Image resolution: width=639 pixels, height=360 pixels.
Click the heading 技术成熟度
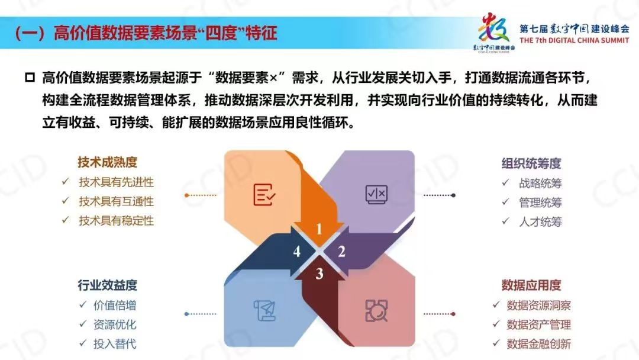click(x=108, y=162)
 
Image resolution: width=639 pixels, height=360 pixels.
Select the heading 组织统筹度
click(x=531, y=163)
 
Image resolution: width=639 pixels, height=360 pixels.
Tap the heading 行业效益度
click(x=108, y=285)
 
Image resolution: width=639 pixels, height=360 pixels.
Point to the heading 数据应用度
click(x=531, y=285)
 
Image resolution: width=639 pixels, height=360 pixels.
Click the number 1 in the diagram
click(x=319, y=229)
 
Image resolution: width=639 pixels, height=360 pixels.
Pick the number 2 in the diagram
click(x=341, y=252)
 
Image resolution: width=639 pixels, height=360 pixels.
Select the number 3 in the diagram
click(x=319, y=274)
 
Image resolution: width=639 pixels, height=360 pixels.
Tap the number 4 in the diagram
click(x=296, y=252)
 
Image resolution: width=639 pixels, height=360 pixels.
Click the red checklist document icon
click(x=264, y=194)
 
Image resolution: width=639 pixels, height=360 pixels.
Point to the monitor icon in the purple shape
click(x=376, y=194)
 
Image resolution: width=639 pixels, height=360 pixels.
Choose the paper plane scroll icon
click(x=264, y=311)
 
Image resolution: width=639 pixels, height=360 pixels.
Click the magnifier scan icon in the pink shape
click(x=376, y=311)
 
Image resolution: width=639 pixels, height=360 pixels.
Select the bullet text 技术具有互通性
click(x=116, y=201)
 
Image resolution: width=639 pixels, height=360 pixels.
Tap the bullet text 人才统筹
click(x=540, y=222)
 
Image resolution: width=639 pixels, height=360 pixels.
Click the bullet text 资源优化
click(x=115, y=324)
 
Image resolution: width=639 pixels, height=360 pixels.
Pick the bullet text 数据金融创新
click(x=539, y=343)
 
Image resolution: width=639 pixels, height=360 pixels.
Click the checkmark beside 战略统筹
click(x=505, y=182)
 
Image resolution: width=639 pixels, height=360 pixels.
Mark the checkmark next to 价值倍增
click(x=83, y=304)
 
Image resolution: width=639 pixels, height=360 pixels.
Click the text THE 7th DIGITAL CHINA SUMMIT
click(x=574, y=40)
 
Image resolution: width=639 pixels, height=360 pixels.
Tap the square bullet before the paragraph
click(x=30, y=77)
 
